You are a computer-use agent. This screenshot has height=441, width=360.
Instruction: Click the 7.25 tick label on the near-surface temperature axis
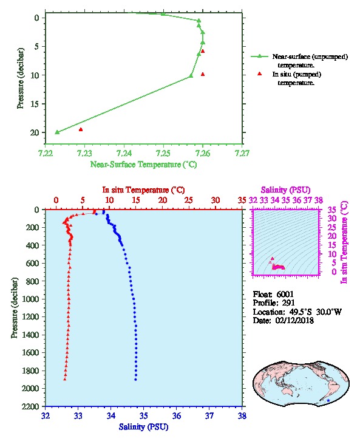pyautogui.click(x=163, y=153)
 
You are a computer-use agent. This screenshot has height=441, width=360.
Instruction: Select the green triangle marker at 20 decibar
pyautogui.click(x=57, y=132)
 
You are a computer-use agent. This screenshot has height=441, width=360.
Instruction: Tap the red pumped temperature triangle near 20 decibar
pyautogui.click(x=81, y=129)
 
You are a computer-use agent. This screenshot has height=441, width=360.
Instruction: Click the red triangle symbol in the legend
pyautogui.click(x=260, y=73)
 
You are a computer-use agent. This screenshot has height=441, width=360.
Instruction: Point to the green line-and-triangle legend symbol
pyautogui.click(x=260, y=56)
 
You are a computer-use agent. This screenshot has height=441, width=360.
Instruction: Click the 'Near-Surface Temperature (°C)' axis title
pyautogui.click(x=144, y=165)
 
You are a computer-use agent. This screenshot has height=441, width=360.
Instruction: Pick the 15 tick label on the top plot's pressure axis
pyautogui.click(x=35, y=104)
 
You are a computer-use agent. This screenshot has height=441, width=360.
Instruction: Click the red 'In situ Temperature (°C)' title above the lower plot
pyautogui.click(x=143, y=190)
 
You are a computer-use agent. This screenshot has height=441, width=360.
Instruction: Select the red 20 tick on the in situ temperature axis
pyautogui.click(x=163, y=200)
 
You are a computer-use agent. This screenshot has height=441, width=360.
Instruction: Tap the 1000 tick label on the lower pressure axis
pyautogui.click(x=30, y=299)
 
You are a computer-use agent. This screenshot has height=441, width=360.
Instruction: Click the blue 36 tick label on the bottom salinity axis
pyautogui.click(x=177, y=415)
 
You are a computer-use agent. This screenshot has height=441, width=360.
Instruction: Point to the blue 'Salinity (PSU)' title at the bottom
pyautogui.click(x=144, y=427)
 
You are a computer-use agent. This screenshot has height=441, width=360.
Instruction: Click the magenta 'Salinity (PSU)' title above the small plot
pyautogui.click(x=286, y=190)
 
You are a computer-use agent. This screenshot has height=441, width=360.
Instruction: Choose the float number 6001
pyautogui.click(x=285, y=294)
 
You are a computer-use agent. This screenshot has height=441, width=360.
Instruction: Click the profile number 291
pyautogui.click(x=288, y=303)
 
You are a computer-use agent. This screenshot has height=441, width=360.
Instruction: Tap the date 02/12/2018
pyautogui.click(x=294, y=321)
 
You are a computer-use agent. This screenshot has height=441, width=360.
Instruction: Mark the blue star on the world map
pyautogui.click(x=328, y=400)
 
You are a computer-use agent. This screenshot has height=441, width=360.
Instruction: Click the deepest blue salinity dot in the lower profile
pyautogui.click(x=136, y=380)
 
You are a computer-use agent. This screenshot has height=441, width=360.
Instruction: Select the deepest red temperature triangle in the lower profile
pyautogui.click(x=65, y=379)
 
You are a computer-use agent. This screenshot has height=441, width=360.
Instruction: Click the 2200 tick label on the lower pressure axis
pyautogui.click(x=30, y=406)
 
